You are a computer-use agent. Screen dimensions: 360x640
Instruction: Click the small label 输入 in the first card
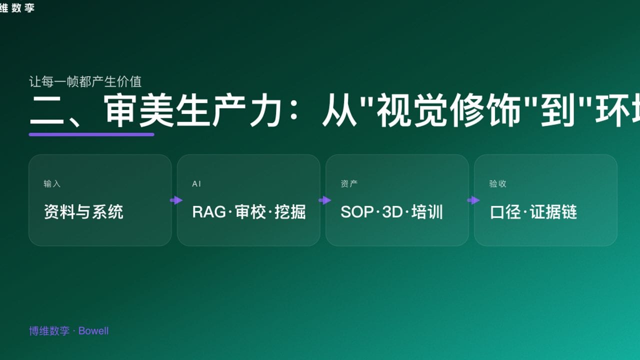coord(52,184)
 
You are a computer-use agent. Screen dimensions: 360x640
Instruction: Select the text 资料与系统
coord(83,212)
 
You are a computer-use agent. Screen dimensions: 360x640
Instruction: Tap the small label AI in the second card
coord(196,184)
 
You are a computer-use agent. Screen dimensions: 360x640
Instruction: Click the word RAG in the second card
coord(208,212)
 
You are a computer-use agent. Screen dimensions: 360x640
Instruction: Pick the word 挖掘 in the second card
coord(290,212)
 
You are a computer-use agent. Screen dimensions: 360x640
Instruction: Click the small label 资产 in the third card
coord(349,184)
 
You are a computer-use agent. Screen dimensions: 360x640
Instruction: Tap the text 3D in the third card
coord(392,212)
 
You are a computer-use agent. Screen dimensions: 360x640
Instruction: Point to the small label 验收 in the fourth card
coord(497,184)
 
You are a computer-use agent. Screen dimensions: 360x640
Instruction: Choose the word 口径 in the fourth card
coord(505,212)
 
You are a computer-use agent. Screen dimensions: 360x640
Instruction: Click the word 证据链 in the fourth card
coord(553,212)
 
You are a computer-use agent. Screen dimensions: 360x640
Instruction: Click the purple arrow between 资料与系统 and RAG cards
coord(176,200)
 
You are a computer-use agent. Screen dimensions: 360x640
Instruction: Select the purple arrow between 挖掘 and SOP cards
coord(324,200)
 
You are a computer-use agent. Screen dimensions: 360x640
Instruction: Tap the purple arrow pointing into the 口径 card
coord(473,200)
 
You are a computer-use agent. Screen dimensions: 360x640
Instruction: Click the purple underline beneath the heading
coord(91,134)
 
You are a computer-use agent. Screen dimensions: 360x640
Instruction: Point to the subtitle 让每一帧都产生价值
coord(85,81)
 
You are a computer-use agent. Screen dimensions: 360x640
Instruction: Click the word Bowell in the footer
coord(93,331)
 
